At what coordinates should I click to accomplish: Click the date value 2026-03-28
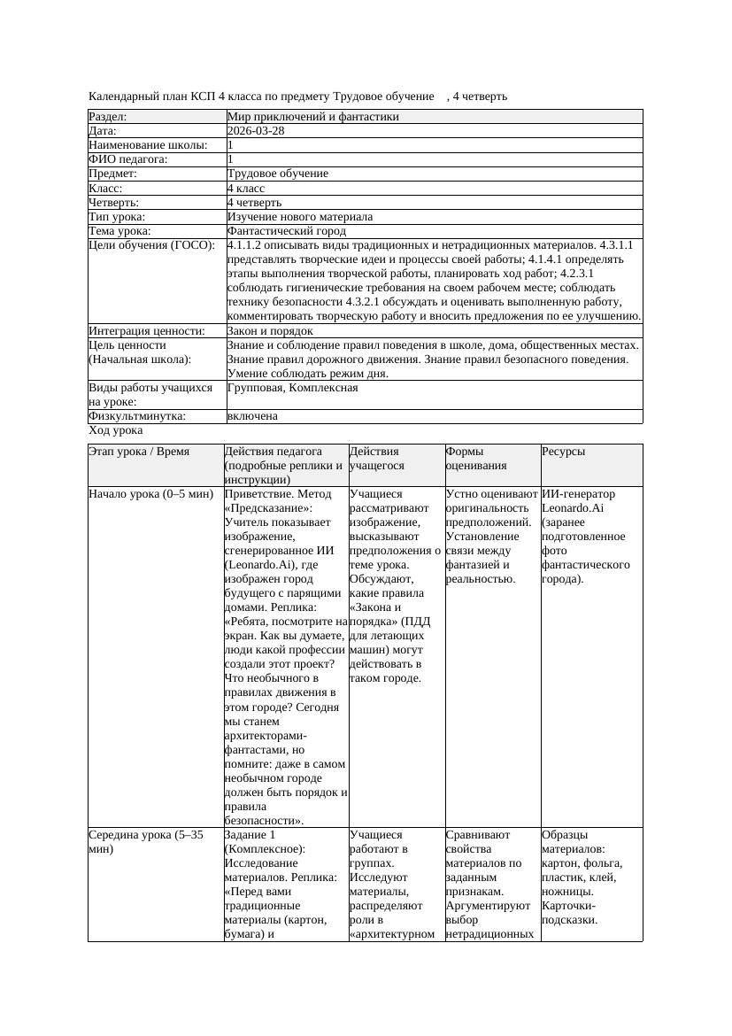pyautogui.click(x=256, y=130)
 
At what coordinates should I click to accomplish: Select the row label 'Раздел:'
pyautogui.click(x=108, y=116)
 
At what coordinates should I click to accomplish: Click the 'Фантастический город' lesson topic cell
pyautogui.click(x=287, y=230)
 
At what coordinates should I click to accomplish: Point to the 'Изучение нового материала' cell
pyautogui.click(x=300, y=216)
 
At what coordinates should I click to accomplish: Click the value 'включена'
pyautogui.click(x=252, y=415)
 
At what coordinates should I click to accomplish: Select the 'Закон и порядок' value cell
pyautogui.click(x=270, y=330)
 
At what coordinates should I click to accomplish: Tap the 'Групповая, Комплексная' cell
pyautogui.click(x=292, y=387)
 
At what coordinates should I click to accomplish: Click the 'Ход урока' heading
pyautogui.click(x=116, y=429)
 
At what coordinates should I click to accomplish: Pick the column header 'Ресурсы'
pyautogui.click(x=564, y=451)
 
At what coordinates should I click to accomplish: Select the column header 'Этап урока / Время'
pyautogui.click(x=139, y=451)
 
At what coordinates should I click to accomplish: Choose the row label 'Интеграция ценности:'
pyautogui.click(x=147, y=330)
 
